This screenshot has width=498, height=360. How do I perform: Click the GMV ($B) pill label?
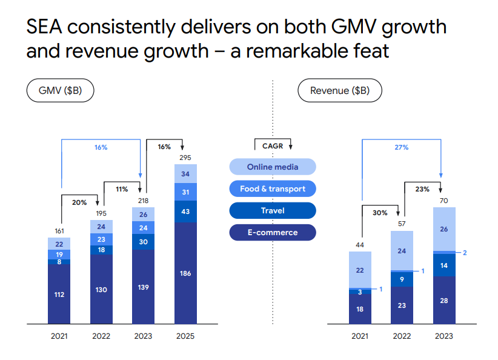pos(61,91)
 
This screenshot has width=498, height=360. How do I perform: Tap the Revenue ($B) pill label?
pos(339,91)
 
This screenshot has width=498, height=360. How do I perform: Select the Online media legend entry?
pos(273,167)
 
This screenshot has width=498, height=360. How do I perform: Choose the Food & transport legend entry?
pos(273,188)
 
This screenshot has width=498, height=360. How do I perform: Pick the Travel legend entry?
pos(273,210)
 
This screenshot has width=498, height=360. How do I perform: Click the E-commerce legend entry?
pos(273,232)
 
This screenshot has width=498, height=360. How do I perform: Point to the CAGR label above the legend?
pos(273,145)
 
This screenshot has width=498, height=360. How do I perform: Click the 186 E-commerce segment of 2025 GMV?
pos(185,273)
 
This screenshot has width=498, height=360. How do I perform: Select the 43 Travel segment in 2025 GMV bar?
pos(185,211)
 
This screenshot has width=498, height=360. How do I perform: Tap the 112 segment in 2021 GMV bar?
pos(59,295)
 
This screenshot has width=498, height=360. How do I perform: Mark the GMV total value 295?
pos(185,158)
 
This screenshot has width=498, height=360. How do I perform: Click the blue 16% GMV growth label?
pos(101,147)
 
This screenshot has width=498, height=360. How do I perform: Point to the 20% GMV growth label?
pos(79,202)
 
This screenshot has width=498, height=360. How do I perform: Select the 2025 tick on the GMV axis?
pos(185,336)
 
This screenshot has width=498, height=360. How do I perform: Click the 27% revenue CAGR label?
pos(401,147)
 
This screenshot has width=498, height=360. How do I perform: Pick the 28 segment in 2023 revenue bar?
pos(444,301)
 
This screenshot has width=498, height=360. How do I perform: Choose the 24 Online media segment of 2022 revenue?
pos(402,250)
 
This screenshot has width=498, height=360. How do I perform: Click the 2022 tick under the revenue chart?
pos(402,336)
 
